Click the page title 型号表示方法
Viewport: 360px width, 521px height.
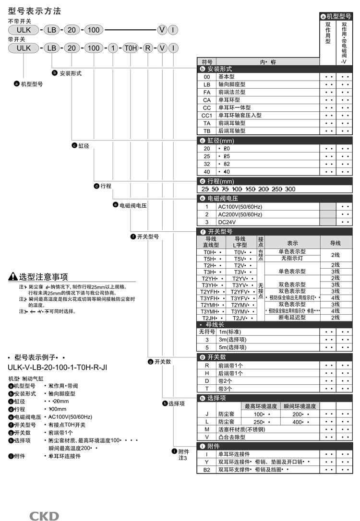pyautogui.click(x=35, y=11)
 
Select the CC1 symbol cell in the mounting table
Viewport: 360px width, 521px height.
pyautogui.click(x=207, y=115)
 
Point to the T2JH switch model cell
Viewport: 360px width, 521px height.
pyautogui.click(x=210, y=318)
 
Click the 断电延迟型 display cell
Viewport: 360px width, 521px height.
pyautogui.click(x=292, y=318)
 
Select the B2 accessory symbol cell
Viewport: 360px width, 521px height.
pyautogui.click(x=207, y=470)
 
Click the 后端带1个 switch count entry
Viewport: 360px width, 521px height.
pyautogui.click(x=231, y=373)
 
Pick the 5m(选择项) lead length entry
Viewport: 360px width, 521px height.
pyautogui.click(x=233, y=347)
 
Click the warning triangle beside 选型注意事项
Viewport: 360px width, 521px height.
pyautogui.click(x=13, y=277)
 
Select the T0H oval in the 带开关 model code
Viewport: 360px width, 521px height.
pyautogui.click(x=131, y=48)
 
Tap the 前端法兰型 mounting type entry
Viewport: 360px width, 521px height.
pyautogui.click(x=232, y=92)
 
